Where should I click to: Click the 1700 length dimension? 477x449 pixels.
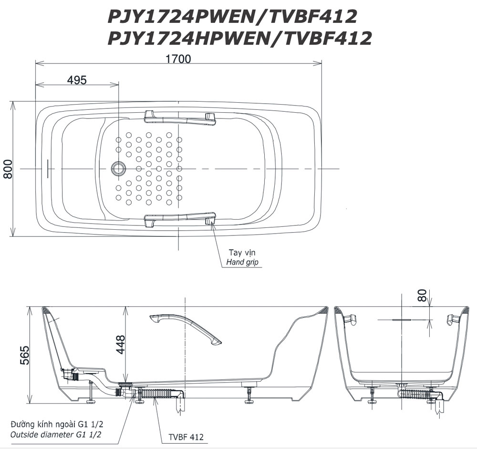pos(178,58)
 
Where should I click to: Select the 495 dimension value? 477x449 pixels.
pos(77,80)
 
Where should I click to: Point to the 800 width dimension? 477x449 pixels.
pos(8,169)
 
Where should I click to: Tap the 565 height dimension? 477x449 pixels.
pos(24,355)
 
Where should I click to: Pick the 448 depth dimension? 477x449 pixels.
pos(121,344)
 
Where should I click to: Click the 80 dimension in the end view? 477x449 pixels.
pos(422,295)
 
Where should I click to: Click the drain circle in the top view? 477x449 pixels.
pos(118,169)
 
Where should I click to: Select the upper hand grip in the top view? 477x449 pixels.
pos(179,117)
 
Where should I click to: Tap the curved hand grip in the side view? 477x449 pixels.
pos(186,329)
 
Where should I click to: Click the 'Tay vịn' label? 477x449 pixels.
pos(242,253)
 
